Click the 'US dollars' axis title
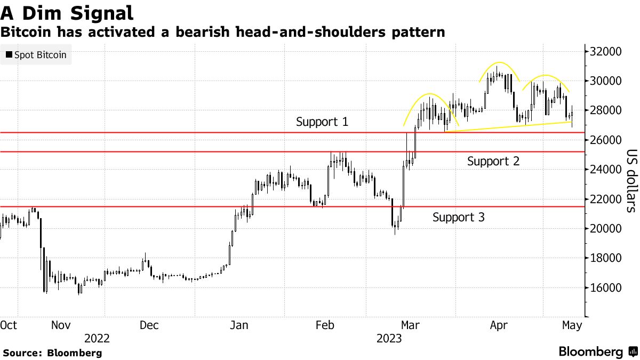click(x=630, y=180)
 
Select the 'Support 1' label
click(x=322, y=122)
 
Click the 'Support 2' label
click(x=493, y=161)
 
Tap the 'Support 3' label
click(x=459, y=217)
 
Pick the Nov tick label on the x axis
click(x=62, y=325)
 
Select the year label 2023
click(x=390, y=339)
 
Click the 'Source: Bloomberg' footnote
click(x=52, y=353)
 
